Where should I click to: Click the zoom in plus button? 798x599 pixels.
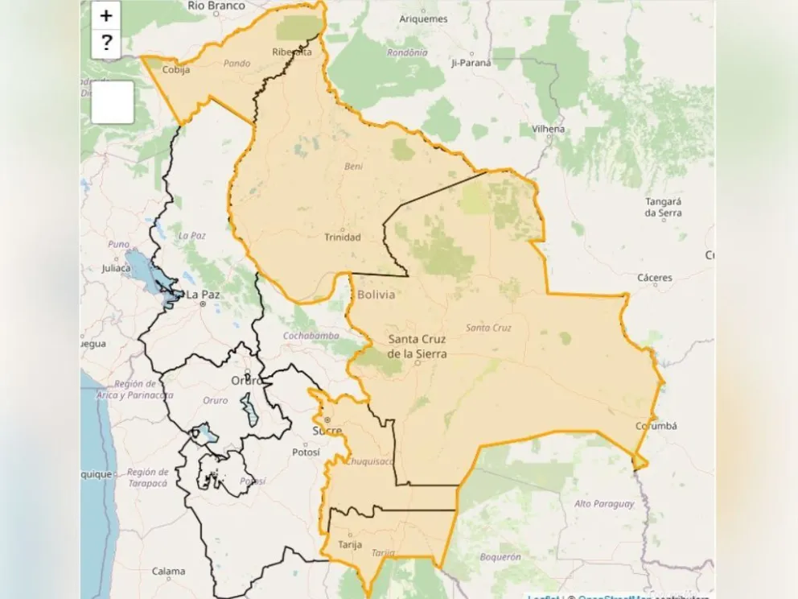(106, 15)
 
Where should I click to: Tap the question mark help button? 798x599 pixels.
(106, 43)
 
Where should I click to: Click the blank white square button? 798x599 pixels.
(112, 102)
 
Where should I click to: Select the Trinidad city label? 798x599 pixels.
(343, 237)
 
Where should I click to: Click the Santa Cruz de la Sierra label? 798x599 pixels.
(417, 346)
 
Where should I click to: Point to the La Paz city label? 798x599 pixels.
(203, 295)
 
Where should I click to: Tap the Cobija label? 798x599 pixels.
(176, 69)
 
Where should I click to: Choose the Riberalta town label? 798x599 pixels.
(292, 52)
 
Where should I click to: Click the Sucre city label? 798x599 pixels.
(327, 431)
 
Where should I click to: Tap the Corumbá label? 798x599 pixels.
(656, 426)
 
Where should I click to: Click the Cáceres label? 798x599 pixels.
(654, 278)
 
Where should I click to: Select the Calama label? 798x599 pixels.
(168, 572)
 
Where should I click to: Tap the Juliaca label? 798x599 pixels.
(116, 270)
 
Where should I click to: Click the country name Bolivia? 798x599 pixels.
(376, 295)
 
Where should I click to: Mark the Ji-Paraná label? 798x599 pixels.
(471, 62)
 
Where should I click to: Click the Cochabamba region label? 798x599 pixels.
(311, 335)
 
